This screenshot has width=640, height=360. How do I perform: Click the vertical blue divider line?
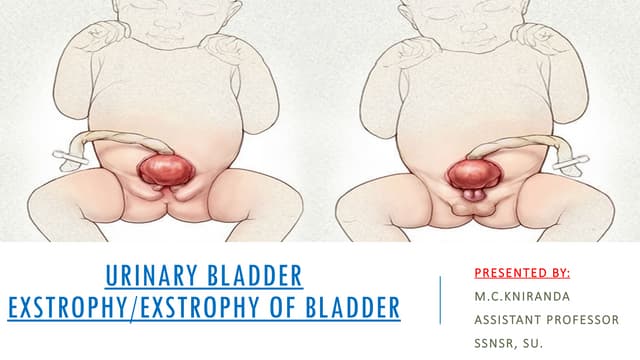pos(441,300)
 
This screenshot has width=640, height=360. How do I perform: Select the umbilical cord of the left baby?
pos(110,142)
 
